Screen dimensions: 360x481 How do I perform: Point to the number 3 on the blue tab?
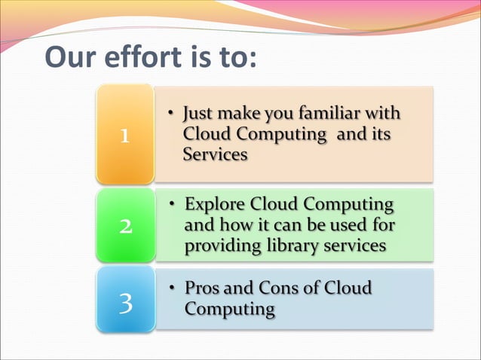(x=125, y=303)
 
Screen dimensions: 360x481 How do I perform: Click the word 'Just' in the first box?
(x=202, y=115)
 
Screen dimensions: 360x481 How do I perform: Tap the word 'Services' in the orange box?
(x=214, y=154)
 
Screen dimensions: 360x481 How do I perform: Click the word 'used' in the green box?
(x=345, y=225)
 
